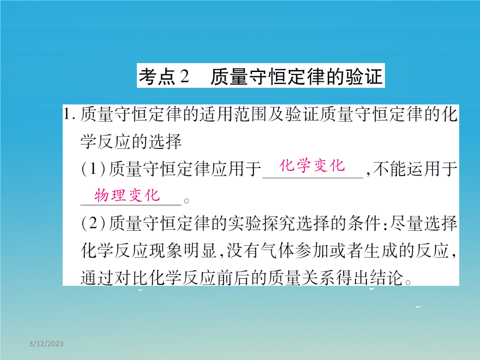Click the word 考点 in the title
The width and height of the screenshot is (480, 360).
click(x=157, y=76)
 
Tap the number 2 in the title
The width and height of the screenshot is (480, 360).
click(x=184, y=76)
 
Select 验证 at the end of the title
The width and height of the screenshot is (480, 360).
click(x=364, y=76)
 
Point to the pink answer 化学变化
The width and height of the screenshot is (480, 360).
click(x=312, y=166)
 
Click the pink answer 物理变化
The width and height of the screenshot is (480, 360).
click(x=127, y=195)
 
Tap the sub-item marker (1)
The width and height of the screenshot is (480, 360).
click(x=93, y=169)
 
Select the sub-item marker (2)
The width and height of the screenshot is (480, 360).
click(x=93, y=223)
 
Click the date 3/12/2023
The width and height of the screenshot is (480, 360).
click(x=46, y=344)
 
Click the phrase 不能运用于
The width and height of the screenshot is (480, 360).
click(x=415, y=169)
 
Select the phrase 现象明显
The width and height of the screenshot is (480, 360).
click(x=183, y=250)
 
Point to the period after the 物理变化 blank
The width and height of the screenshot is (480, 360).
click(x=186, y=201)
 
